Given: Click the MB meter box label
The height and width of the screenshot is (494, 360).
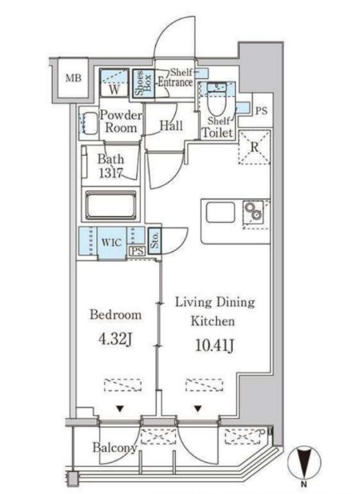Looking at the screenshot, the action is (x=73, y=78).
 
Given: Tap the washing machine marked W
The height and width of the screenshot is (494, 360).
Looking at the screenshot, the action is (x=114, y=82).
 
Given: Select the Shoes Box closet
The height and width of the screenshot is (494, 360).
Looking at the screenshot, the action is (x=143, y=85).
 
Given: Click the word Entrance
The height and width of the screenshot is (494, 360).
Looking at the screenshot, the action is (x=175, y=82).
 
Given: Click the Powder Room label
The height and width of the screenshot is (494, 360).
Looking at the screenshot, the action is (x=121, y=122).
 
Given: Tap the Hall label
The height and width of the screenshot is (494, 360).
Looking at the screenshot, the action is (x=171, y=125).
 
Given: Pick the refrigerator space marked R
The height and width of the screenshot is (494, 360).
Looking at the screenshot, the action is (x=254, y=147).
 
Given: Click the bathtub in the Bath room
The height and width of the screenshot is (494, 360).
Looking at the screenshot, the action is (x=111, y=205).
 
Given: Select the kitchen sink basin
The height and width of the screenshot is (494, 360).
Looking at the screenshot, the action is (x=220, y=213).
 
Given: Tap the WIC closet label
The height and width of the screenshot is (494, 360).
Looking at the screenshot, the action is (x=111, y=242).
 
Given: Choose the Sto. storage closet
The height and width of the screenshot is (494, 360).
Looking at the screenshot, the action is (x=154, y=241).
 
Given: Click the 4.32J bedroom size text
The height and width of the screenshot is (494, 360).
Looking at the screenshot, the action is (x=114, y=339).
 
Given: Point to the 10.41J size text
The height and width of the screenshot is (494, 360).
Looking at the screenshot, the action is (x=214, y=345).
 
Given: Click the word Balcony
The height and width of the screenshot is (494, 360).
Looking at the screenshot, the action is (x=114, y=448).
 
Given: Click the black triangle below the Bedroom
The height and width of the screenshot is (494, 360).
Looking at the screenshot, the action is (x=120, y=409).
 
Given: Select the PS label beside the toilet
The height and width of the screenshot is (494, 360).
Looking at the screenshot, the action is (x=261, y=110).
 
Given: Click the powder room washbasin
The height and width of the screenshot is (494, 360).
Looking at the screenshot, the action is (x=89, y=123).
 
